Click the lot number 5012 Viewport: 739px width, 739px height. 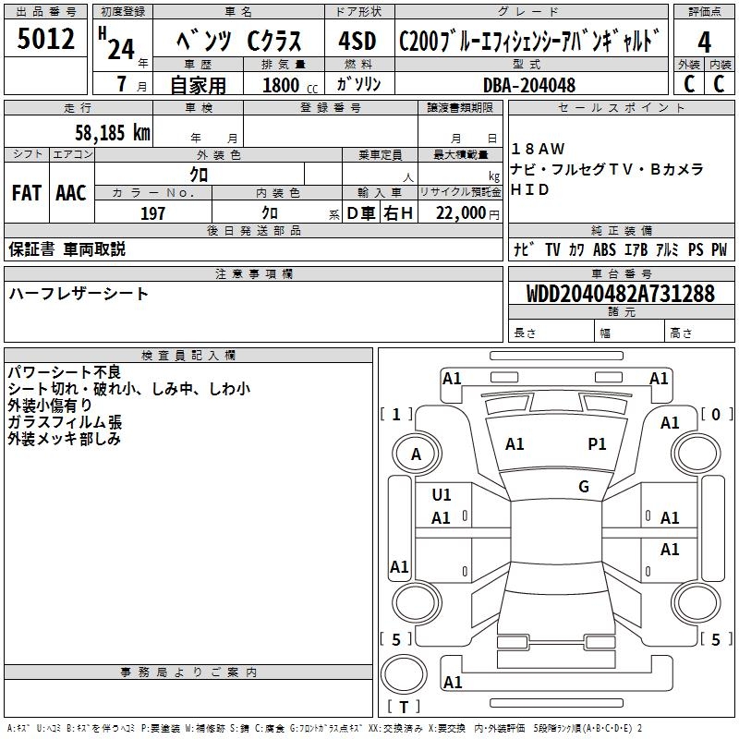pyautogui.click(x=46, y=41)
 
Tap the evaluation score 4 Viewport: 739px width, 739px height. pyautogui.click(x=704, y=42)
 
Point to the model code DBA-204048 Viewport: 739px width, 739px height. pyautogui.click(x=528, y=85)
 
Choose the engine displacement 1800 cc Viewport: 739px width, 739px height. pyautogui.click(x=281, y=85)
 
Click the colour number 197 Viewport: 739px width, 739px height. pyautogui.click(x=153, y=213)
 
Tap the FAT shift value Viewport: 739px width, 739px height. pyautogui.click(x=27, y=193)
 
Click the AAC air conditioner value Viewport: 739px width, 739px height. pyautogui.click(x=71, y=193)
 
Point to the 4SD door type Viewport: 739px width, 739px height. pyautogui.click(x=357, y=42)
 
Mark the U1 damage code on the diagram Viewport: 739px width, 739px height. pyautogui.click(x=442, y=495)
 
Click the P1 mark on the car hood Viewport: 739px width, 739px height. pyautogui.click(x=597, y=444)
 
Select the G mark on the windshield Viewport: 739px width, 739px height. pyautogui.click(x=583, y=487)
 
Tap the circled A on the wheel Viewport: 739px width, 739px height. pyautogui.click(x=416, y=454)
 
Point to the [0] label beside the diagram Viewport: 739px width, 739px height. pyautogui.click(x=716, y=415)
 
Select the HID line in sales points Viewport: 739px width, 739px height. pyautogui.click(x=531, y=190)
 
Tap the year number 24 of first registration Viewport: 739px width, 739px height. pyautogui.click(x=120, y=48)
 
